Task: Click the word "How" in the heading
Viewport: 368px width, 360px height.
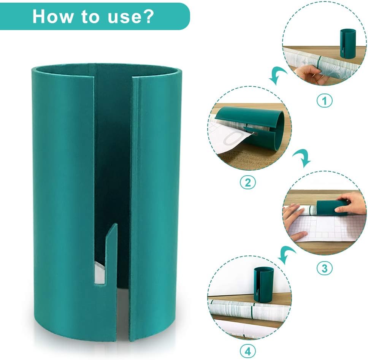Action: [x=52, y=16]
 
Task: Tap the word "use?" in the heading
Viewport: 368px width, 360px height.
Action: [x=131, y=17]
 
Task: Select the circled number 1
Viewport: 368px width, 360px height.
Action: [x=325, y=101]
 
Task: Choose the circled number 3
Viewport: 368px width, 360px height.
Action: [x=325, y=268]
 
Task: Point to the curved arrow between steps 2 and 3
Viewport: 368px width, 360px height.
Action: [x=302, y=158]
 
